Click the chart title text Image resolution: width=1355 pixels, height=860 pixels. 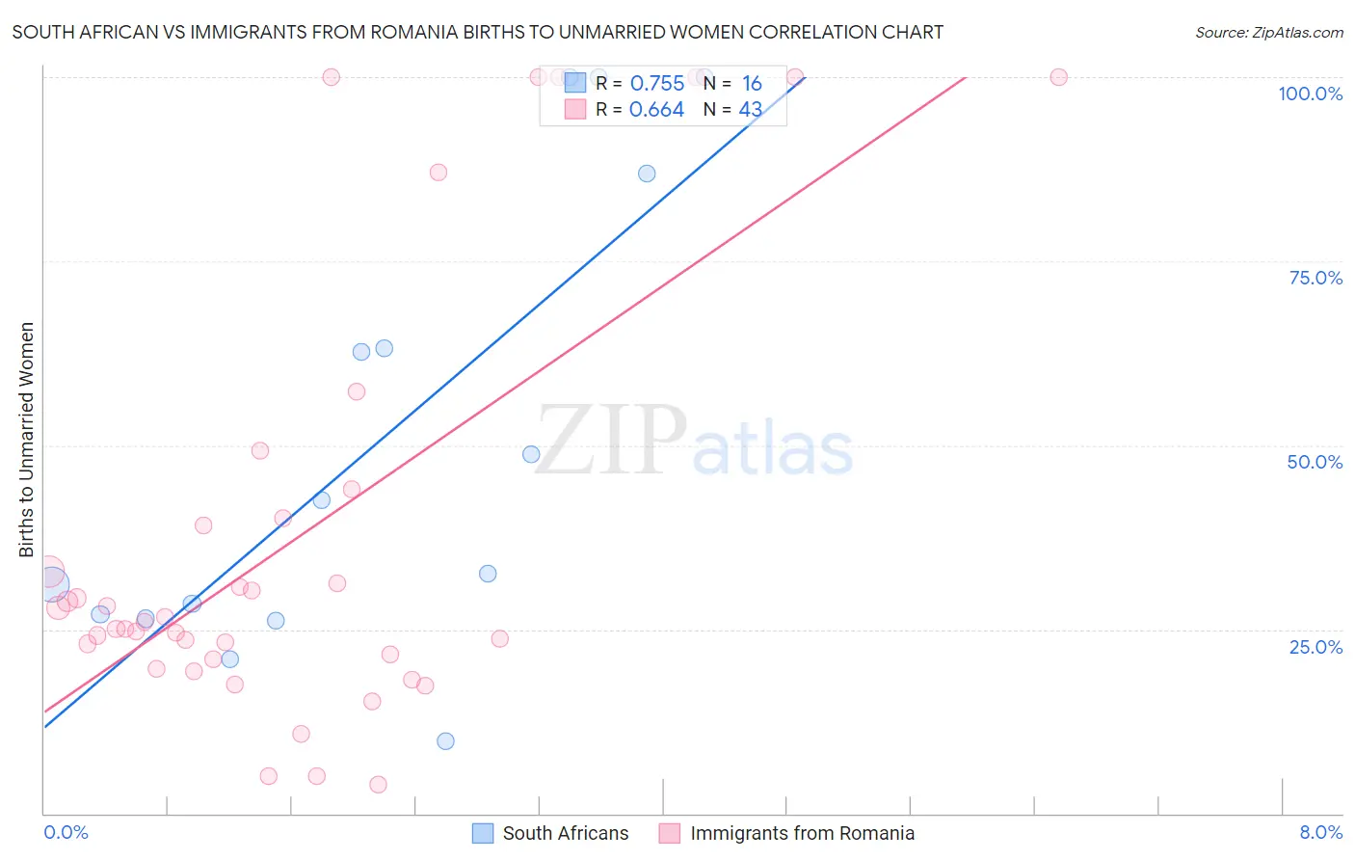(477, 32)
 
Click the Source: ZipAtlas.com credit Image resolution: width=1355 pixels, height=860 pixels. (1268, 32)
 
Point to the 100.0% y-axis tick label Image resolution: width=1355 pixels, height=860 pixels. (1310, 94)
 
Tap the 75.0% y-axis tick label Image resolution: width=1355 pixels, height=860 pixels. (1315, 278)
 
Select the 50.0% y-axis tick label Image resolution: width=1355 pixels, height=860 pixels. (1315, 462)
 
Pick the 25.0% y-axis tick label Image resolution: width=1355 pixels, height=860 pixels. (1315, 647)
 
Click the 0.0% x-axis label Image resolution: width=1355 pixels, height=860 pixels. (66, 832)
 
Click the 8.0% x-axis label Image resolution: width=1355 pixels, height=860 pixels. (1320, 832)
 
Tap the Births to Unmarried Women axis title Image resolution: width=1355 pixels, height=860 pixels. (27, 440)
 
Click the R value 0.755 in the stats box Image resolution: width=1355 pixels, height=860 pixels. (656, 84)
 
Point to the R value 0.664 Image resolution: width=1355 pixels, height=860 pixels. (656, 110)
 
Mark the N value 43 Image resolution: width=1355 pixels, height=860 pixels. (750, 110)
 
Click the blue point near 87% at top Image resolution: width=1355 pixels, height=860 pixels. (647, 174)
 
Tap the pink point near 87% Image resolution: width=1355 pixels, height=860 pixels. (438, 173)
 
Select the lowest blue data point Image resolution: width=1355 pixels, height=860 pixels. (445, 741)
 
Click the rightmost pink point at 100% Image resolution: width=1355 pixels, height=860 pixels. (1058, 77)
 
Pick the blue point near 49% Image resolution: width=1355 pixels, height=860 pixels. (531, 454)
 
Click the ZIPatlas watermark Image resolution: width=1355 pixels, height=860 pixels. (694, 442)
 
